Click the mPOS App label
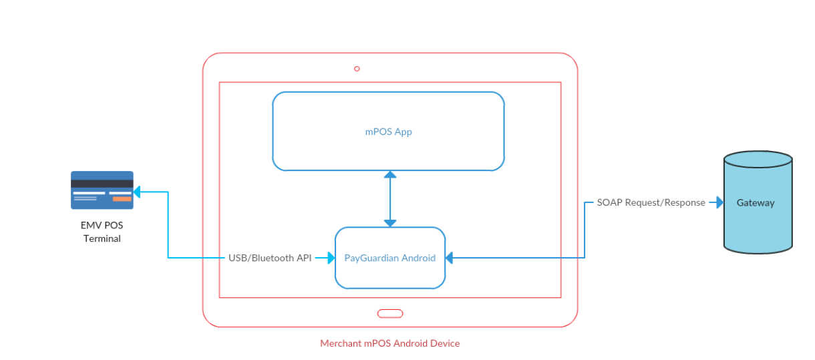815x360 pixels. click(x=388, y=132)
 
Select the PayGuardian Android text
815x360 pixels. click(x=389, y=258)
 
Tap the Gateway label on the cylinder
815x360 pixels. click(x=755, y=202)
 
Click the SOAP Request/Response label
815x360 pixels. click(x=651, y=202)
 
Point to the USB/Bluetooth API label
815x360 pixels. click(x=270, y=258)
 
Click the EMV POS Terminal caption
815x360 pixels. click(x=102, y=232)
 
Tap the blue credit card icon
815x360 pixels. click(x=102, y=190)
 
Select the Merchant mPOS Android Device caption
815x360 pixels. click(x=389, y=343)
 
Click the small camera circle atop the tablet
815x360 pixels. click(x=357, y=69)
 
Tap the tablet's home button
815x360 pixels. click(x=389, y=313)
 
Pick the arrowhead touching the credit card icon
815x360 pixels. click(x=137, y=192)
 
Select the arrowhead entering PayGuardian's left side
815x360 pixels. click(x=331, y=258)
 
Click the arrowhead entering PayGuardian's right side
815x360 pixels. click(x=449, y=258)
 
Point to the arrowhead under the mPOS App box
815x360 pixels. click(x=390, y=174)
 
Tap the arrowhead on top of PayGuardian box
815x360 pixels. click(x=390, y=223)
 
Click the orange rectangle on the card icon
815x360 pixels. click(x=122, y=198)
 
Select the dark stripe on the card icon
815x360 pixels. click(x=102, y=184)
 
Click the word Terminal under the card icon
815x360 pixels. click(x=102, y=238)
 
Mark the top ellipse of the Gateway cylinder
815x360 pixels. click(x=758, y=160)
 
